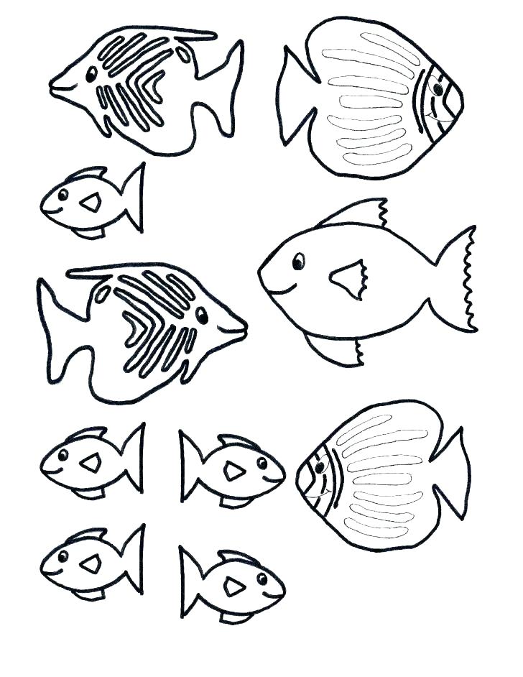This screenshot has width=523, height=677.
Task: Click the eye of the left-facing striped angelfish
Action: click(91, 73)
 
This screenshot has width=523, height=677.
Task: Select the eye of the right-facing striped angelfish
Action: click(202, 314)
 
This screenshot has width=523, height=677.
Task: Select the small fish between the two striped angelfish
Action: click(90, 201)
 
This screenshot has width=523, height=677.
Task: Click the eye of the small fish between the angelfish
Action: click(63, 194)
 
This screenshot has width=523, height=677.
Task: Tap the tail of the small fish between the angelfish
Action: click(132, 198)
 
